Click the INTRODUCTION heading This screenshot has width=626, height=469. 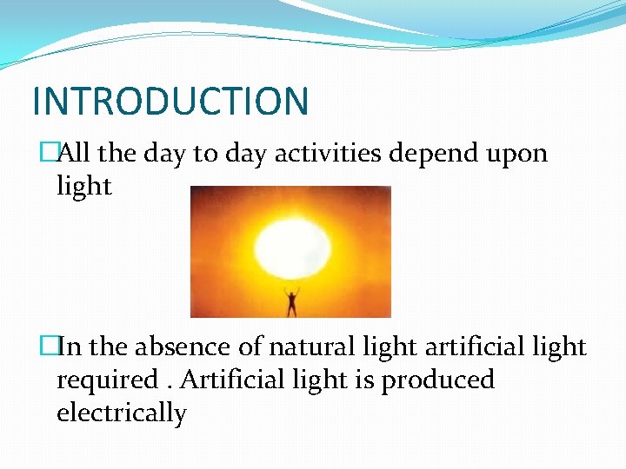(x=170, y=101)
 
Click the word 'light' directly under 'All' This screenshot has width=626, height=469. (x=83, y=186)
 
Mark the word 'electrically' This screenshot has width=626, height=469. (x=121, y=413)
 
